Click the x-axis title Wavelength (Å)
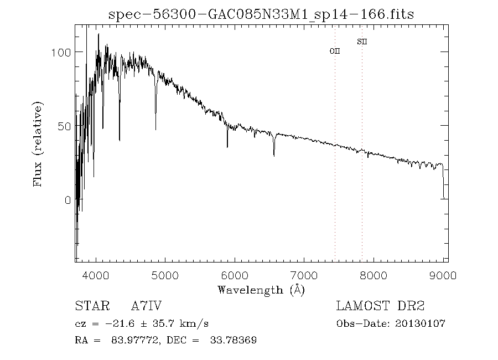point(261,290)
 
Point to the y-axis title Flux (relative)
point(38,144)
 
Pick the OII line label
point(335,51)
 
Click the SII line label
point(362,42)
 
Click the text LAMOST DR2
point(381,306)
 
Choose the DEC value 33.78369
point(234,340)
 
